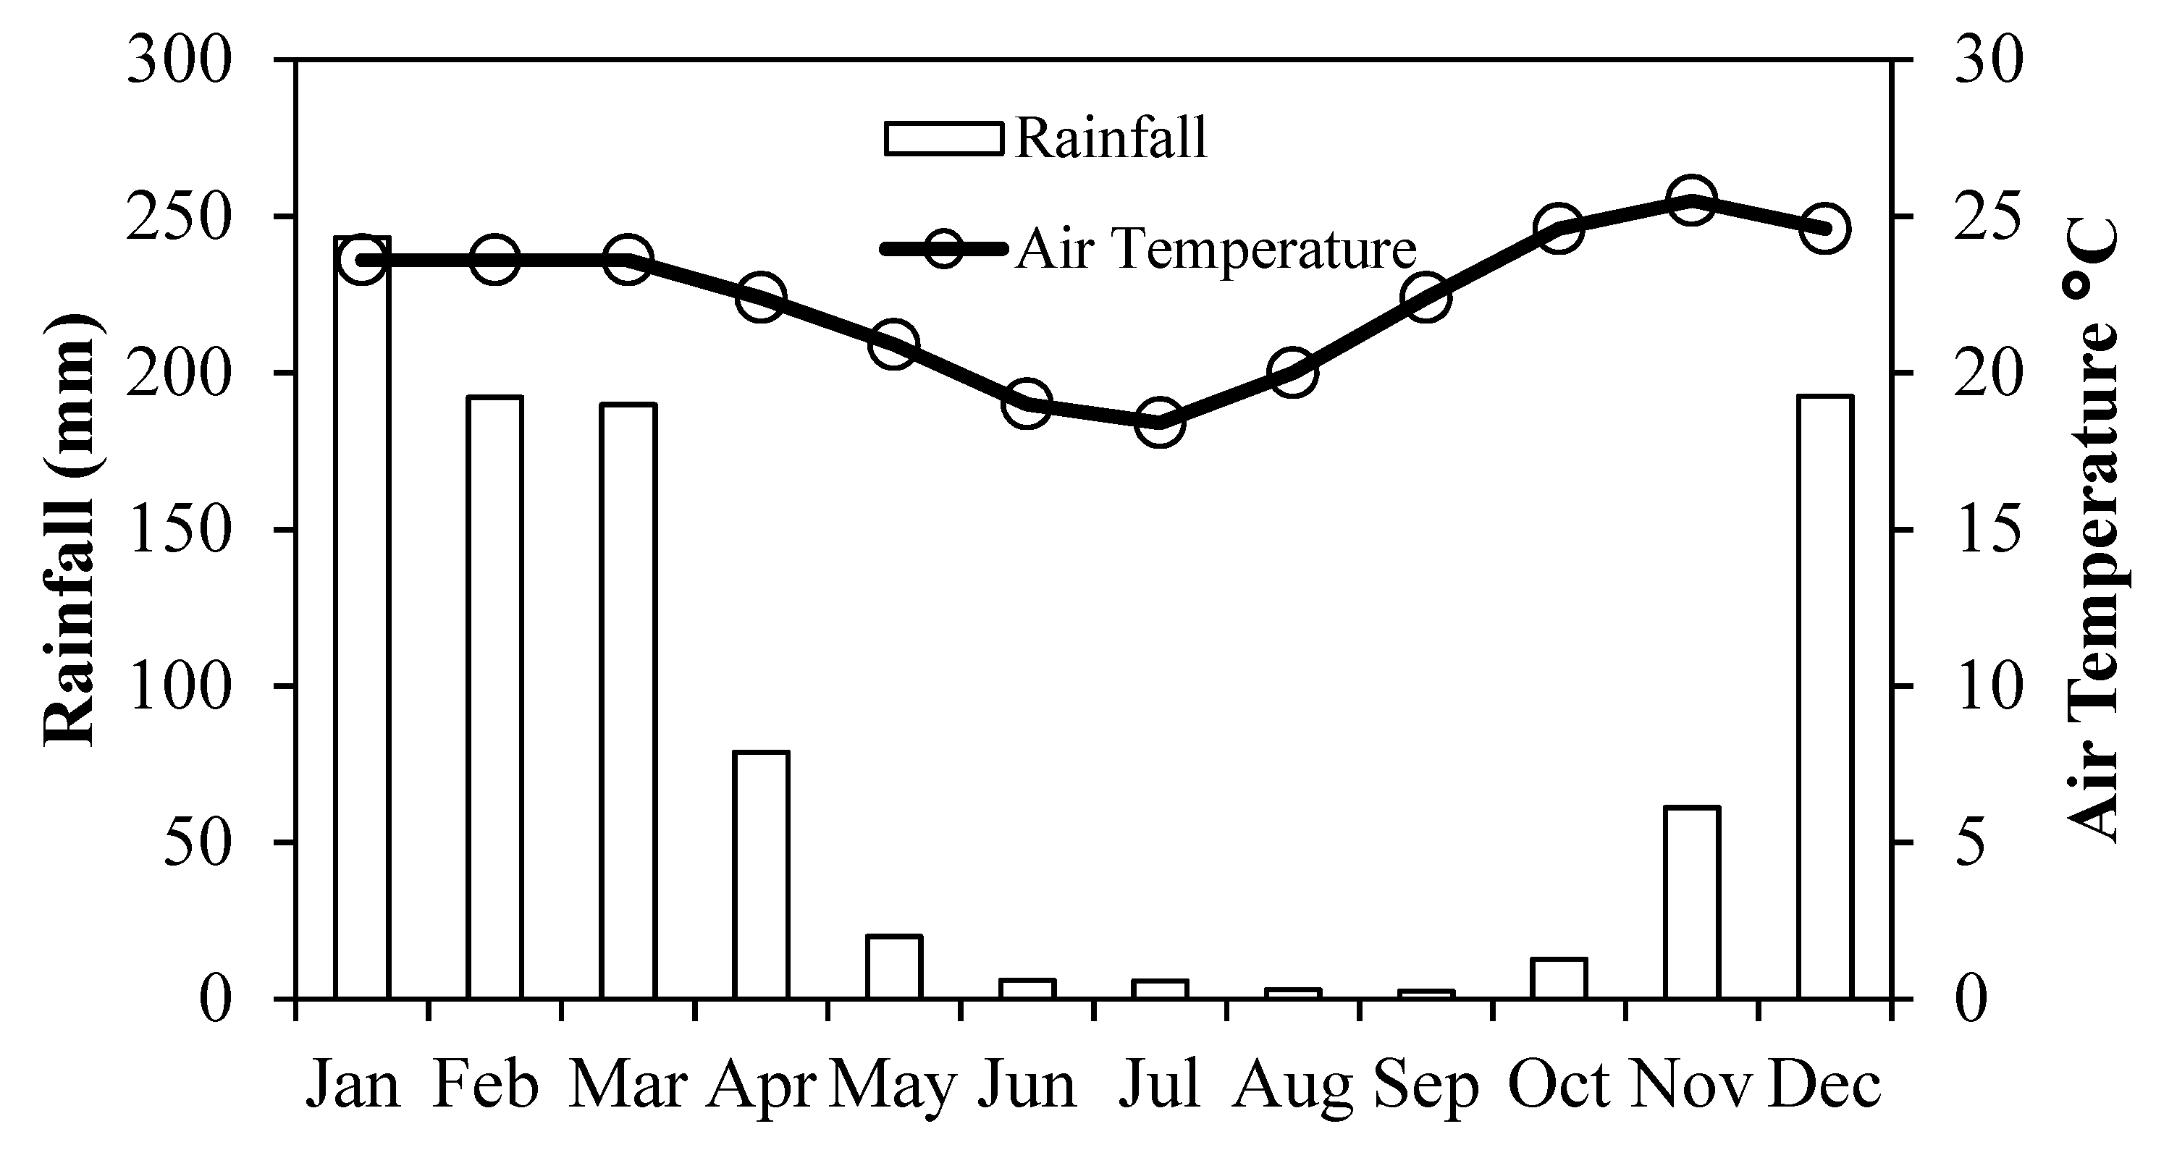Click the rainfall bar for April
coord(761,874)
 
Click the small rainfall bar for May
coord(894,967)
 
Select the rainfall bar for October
coord(1559,978)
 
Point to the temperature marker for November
coord(1691,200)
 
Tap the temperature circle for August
coord(1292,373)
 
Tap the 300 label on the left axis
coord(179,61)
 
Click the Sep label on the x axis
coord(1426,1085)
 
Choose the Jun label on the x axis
coord(1027,1085)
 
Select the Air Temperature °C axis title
coord(2094,530)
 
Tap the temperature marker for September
coord(1426,298)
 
